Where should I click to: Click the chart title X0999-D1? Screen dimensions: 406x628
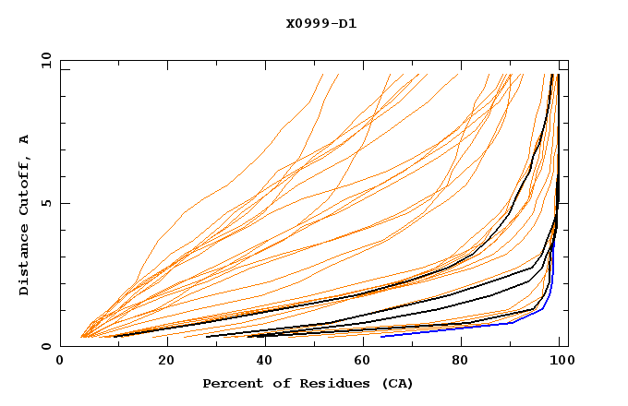320,23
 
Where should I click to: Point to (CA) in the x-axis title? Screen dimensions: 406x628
396,383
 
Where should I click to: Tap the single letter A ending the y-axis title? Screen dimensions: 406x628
24,139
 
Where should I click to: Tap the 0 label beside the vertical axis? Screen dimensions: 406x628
45,347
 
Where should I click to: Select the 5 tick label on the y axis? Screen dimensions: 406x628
45,204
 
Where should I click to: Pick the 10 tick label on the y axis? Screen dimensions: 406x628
45,60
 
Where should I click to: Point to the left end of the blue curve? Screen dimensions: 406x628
381,337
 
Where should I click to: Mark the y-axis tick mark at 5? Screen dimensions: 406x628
64,203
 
